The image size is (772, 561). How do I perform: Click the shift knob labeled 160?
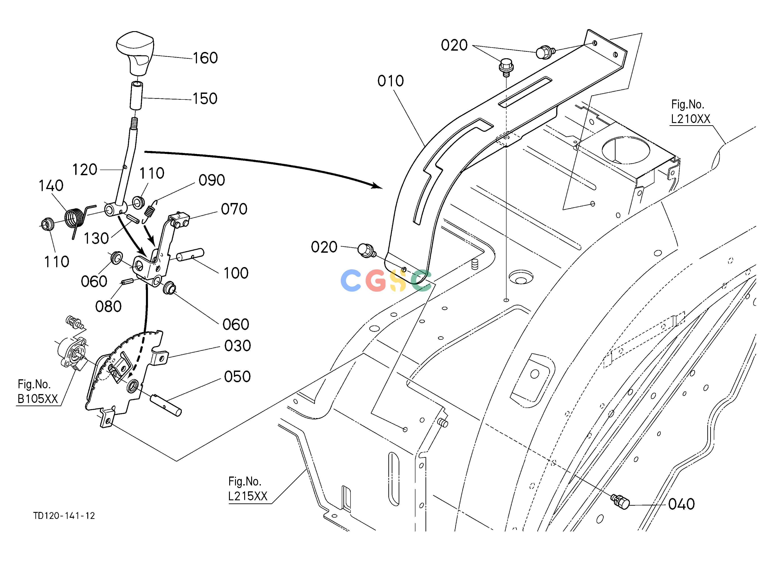click(135, 54)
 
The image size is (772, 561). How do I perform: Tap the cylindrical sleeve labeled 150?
click(136, 96)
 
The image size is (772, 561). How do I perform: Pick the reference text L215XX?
click(248, 496)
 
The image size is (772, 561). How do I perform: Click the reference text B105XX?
click(38, 399)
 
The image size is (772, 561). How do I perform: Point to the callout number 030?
click(237, 346)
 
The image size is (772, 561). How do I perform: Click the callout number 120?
click(85, 170)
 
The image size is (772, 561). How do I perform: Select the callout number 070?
click(234, 209)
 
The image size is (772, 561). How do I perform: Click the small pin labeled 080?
click(127, 282)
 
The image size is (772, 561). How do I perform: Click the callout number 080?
click(108, 306)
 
